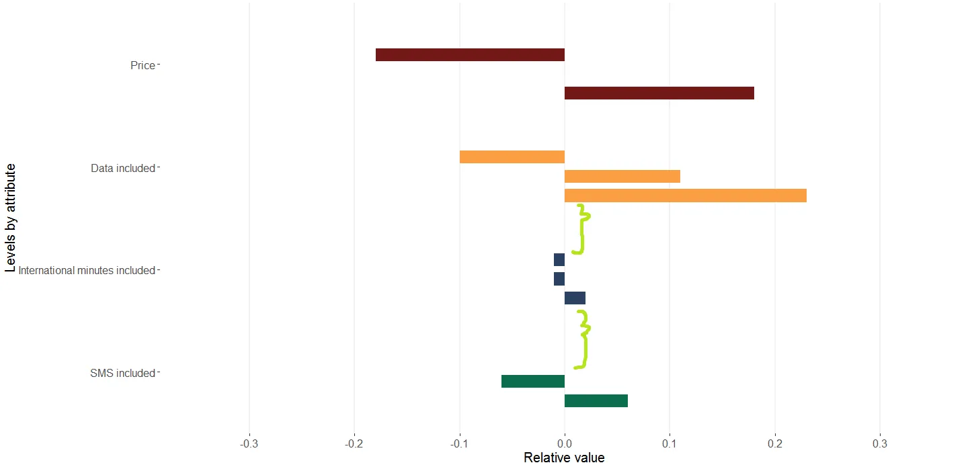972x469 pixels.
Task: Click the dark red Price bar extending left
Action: [470, 55]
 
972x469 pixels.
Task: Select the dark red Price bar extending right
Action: [659, 93]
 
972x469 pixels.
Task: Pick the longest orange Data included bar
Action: [685, 196]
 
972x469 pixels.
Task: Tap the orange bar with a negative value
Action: [512, 157]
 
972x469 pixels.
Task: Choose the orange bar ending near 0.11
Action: [622, 177]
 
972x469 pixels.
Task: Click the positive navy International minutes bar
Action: [575, 298]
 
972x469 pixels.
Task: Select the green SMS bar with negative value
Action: [533, 382]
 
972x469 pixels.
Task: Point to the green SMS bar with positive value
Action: [596, 401]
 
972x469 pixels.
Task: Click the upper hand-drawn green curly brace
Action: [581, 229]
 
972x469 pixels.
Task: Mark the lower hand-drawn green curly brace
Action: [584, 339]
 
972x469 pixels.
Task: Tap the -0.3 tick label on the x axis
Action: [249, 444]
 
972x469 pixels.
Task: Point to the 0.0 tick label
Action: [565, 444]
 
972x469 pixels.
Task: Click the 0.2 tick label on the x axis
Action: [775, 444]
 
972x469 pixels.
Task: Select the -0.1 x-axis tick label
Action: [459, 444]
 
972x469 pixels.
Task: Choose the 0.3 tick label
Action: [880, 444]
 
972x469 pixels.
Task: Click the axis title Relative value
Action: [564, 458]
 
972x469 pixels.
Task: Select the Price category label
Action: [143, 66]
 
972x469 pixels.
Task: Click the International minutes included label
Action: [87, 271]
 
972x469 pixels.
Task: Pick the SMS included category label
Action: [122, 374]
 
